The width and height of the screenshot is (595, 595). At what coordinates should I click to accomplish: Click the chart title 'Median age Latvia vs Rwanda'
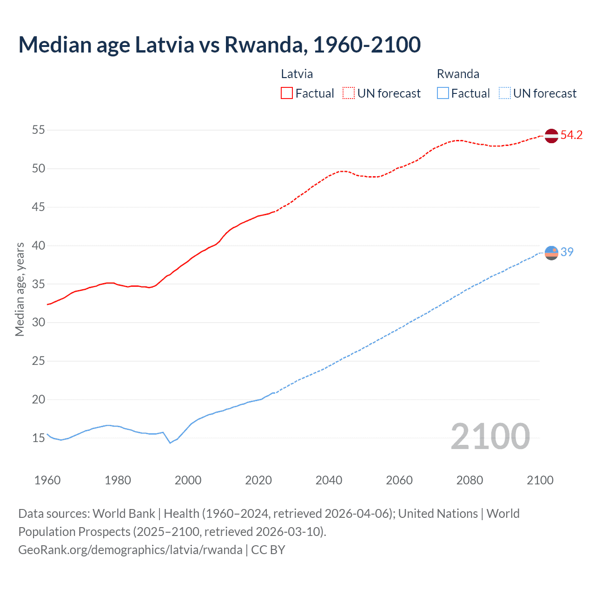click(219, 45)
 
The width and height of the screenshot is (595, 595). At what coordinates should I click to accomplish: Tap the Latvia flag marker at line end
click(551, 136)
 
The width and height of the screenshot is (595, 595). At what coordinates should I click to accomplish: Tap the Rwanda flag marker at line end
click(551, 252)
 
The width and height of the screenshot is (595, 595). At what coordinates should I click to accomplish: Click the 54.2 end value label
click(571, 135)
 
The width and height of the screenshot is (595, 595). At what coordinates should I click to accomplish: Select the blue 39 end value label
click(567, 252)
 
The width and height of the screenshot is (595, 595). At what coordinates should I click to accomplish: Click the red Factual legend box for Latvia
click(287, 93)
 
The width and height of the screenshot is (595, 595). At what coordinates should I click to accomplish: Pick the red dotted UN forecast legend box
click(349, 93)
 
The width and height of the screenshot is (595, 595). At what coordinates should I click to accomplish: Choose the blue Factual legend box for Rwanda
click(443, 93)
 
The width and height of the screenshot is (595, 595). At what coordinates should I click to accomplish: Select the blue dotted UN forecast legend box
click(504, 93)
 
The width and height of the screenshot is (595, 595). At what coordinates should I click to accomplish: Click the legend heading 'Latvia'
click(297, 74)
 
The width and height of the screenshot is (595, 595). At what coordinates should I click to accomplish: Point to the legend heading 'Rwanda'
click(458, 74)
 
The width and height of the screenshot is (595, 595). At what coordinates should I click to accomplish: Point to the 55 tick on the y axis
click(39, 130)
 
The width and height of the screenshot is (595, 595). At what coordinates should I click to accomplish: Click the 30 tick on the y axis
click(39, 322)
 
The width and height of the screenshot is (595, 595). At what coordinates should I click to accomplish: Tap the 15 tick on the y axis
click(39, 438)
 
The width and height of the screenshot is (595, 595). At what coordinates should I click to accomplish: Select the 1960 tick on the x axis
click(47, 480)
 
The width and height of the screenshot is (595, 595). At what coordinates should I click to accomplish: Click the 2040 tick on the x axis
click(329, 480)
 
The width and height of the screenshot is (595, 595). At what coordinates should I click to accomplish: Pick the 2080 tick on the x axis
click(469, 480)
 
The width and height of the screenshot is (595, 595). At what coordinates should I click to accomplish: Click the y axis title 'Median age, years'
click(20, 289)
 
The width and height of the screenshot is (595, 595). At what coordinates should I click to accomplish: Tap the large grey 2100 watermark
click(490, 436)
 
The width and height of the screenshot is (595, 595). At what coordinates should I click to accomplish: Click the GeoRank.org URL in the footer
click(130, 550)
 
